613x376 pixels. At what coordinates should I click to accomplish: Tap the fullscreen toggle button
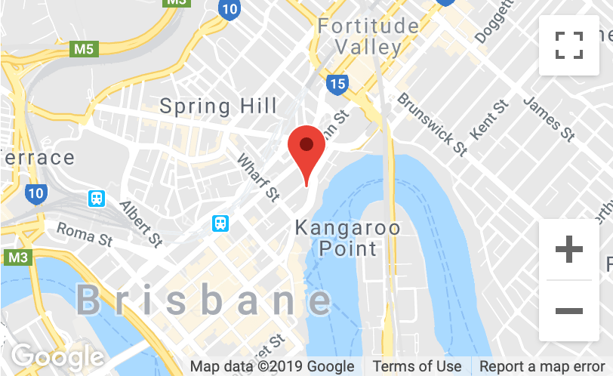[568, 45]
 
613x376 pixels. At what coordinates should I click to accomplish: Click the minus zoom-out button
[568, 310]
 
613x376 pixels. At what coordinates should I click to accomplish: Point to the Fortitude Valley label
[368, 36]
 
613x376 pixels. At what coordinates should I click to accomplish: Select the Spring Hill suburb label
[218, 106]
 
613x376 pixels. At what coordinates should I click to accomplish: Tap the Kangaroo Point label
[347, 237]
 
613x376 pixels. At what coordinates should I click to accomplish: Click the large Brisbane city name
[204, 301]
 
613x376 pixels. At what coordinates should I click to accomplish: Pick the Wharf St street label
[258, 178]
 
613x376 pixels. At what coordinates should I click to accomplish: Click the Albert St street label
[141, 224]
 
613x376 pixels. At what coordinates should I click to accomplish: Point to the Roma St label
[84, 233]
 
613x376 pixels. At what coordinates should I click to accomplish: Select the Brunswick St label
[432, 124]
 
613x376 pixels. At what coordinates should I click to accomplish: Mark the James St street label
[549, 119]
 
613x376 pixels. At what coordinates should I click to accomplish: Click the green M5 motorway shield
[84, 50]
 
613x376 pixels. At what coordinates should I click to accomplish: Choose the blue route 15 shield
[337, 83]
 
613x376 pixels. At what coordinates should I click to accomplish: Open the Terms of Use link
[417, 367]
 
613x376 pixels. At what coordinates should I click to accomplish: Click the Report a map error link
[541, 367]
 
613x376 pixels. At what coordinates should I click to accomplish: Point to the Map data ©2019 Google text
[273, 367]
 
